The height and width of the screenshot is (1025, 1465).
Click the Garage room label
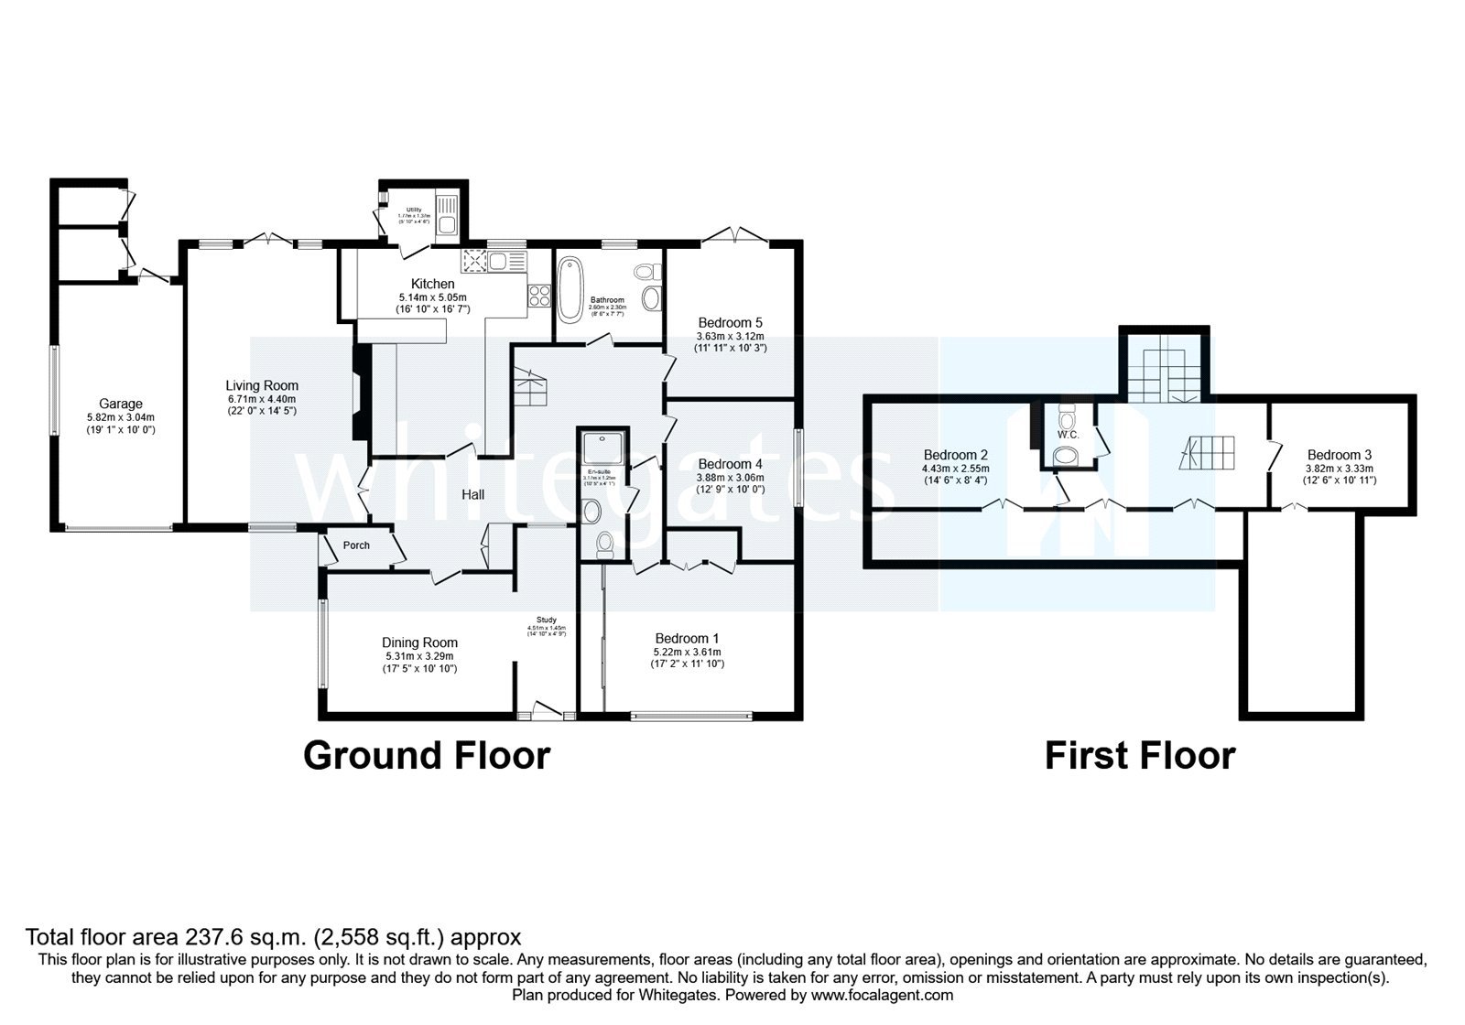pos(121,404)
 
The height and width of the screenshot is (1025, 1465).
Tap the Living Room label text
pos(262,385)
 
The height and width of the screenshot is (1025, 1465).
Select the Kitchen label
pos(432,284)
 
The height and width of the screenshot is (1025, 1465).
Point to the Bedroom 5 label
pos(730,322)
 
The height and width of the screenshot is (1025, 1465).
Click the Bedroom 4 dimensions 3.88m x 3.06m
pos(730,477)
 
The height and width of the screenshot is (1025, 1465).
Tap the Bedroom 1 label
pos(687,638)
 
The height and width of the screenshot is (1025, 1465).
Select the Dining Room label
pos(419,642)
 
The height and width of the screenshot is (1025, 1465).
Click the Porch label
pos(356,545)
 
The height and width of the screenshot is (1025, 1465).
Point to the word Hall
pos(472,494)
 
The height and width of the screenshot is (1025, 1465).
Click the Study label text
pos(547,620)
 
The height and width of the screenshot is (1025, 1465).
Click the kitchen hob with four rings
pos(538,296)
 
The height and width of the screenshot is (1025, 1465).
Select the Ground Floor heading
pos(427,756)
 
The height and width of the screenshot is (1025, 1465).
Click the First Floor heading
pos(1140,756)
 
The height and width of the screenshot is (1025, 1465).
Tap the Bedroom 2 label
pos(955,455)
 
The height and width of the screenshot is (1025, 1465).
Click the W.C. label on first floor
pos(1068,434)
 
